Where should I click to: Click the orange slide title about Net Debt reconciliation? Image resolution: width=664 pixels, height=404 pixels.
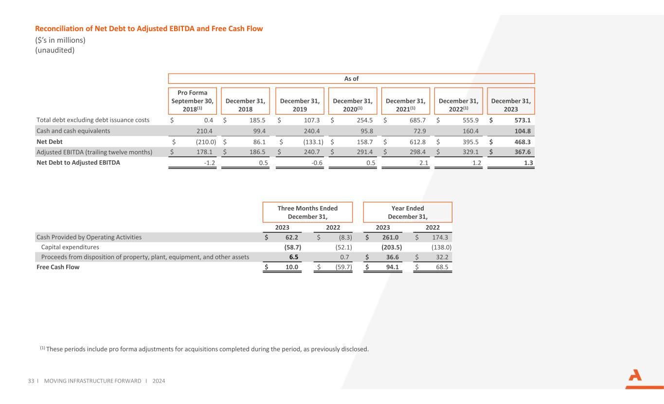pyautogui.click(x=149, y=29)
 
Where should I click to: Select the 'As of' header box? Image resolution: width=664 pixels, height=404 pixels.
pyautogui.click(x=351, y=78)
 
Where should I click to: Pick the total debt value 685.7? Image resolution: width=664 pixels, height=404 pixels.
pyautogui.click(x=416, y=120)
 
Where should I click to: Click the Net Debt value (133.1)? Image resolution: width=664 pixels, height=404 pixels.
pyautogui.click(x=308, y=142)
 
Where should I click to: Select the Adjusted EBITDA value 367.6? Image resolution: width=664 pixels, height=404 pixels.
pyautogui.click(x=520, y=153)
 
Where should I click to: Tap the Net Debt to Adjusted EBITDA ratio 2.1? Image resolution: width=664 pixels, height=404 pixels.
pyautogui.click(x=422, y=163)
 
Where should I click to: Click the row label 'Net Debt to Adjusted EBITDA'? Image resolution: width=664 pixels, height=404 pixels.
pyautogui.click(x=78, y=163)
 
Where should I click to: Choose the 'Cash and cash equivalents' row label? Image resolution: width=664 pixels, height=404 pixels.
pyautogui.click(x=73, y=131)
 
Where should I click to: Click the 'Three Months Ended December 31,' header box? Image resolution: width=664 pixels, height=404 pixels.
pyautogui.click(x=307, y=212)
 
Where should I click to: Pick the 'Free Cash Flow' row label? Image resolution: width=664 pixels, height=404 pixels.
pyautogui.click(x=58, y=267)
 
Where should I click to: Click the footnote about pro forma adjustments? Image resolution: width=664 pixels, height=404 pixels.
pyautogui.click(x=204, y=349)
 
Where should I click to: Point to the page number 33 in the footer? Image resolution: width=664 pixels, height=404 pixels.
pyautogui.click(x=30, y=381)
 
